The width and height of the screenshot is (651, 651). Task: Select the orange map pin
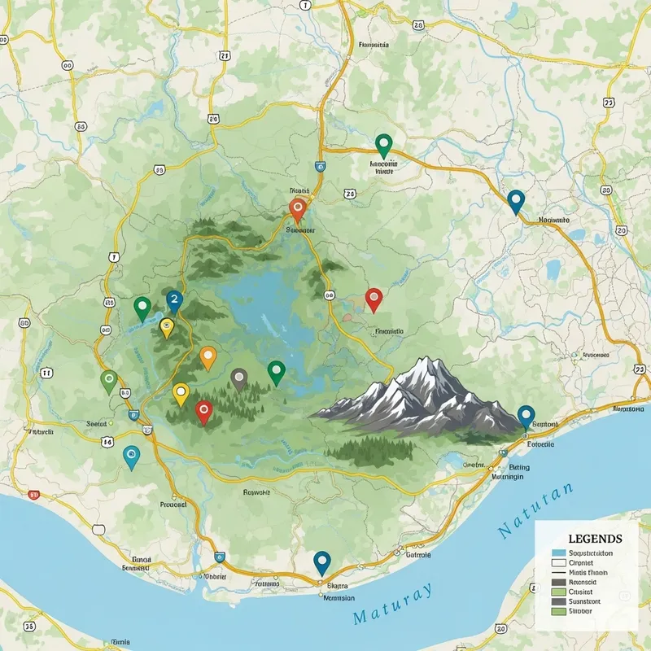coord(208,356)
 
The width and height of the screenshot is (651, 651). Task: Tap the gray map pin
coord(238,378)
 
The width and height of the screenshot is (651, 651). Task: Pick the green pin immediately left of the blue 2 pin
coord(142,307)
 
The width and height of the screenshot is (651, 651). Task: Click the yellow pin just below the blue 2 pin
coord(167,327)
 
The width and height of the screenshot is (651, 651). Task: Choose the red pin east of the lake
coord(374,299)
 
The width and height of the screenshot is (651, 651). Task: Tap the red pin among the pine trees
coord(203,410)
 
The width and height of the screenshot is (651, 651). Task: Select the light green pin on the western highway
coord(108,379)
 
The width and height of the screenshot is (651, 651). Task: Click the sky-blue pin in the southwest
coord(130,456)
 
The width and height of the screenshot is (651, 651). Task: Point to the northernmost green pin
coord(383,145)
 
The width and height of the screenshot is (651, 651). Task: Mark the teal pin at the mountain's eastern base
coord(526,415)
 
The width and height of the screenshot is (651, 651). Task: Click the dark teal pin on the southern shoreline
coord(322,561)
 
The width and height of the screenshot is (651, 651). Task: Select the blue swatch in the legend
coord(558,553)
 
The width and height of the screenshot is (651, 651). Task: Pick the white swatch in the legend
coord(558,562)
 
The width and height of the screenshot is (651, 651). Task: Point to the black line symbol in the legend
coord(558,572)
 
